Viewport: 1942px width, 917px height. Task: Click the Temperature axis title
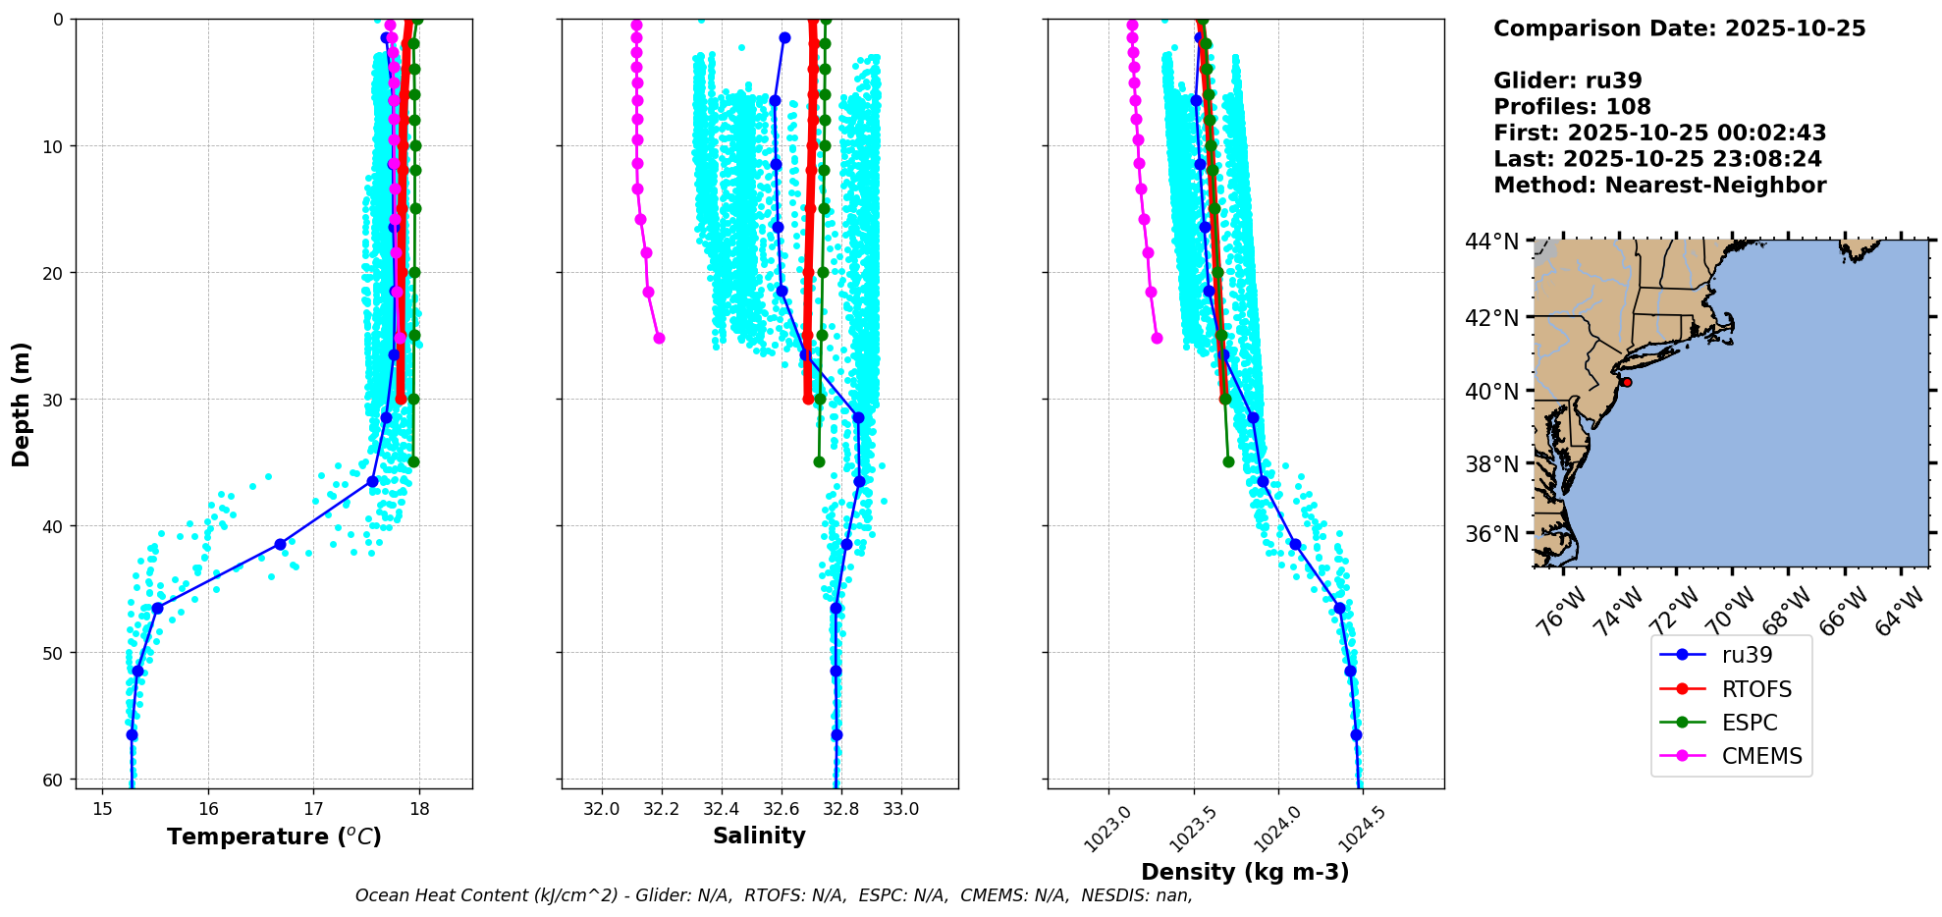pos(274,836)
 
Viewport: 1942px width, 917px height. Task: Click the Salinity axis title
pos(759,836)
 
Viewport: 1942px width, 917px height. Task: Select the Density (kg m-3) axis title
pos(1245,872)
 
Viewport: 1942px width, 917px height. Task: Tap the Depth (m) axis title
pos(22,405)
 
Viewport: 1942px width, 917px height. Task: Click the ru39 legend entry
pos(1747,655)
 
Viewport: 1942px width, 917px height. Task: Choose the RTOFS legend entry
pos(1756,689)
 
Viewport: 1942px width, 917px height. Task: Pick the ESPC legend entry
pos(1750,723)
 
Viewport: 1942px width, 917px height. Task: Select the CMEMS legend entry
pos(1761,756)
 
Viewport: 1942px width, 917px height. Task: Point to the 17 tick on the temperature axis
pos(313,809)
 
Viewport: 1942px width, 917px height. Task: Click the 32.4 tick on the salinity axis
pos(721,809)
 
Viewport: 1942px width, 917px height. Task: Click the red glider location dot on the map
pos(1626,382)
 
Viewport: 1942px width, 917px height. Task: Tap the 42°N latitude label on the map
pos(1492,317)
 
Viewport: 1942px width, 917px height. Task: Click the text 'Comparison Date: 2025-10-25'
pos(1679,28)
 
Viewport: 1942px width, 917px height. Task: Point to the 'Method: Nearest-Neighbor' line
pos(1659,186)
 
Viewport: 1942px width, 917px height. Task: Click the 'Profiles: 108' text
pos(1572,107)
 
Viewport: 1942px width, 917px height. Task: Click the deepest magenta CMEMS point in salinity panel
pos(659,338)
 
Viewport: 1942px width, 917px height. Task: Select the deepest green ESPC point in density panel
pos(1228,461)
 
